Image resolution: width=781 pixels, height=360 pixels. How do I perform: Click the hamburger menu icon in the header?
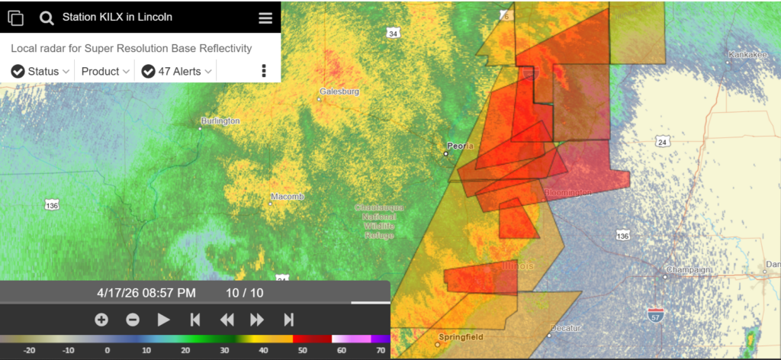point(265,18)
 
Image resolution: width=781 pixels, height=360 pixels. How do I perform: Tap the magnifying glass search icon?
point(47,18)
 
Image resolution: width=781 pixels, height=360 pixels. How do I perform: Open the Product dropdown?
point(106,71)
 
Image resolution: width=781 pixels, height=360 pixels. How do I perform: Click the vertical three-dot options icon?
point(264,71)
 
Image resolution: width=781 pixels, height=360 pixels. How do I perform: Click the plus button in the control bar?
point(101,320)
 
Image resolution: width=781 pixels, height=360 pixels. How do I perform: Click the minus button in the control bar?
point(133,320)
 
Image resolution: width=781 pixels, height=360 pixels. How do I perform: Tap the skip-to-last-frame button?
point(289,320)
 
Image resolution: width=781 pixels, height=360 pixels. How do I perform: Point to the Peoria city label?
point(460,146)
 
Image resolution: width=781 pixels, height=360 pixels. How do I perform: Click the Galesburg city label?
point(339,92)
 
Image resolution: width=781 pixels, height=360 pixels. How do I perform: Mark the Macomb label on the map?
point(287,197)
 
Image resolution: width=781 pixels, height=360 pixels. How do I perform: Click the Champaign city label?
point(687,270)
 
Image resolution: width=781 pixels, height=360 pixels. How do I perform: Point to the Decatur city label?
point(566,328)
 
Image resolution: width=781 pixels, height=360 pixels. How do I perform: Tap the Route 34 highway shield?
point(392,34)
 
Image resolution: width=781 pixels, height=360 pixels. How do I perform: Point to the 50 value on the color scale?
point(302,351)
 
